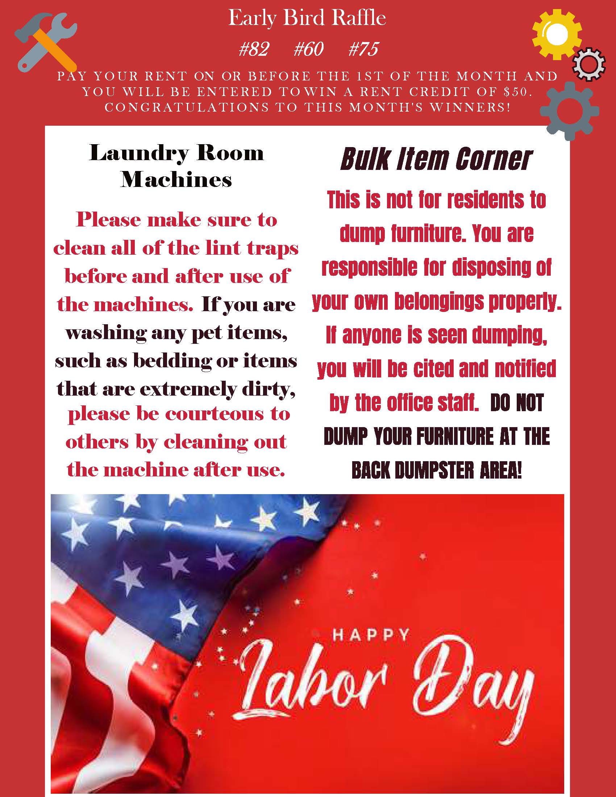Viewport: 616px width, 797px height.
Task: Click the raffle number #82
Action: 254,49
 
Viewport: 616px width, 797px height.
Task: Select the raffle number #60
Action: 308,49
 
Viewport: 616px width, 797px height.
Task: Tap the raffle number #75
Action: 363,49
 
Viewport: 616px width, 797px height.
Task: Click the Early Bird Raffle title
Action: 307,18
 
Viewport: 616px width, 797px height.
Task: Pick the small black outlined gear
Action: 588,64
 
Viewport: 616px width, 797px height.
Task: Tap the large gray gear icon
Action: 569,111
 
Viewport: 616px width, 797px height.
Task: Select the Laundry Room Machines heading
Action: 176,166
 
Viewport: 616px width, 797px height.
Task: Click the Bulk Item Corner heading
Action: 436,159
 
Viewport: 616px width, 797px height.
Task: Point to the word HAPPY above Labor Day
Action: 370,635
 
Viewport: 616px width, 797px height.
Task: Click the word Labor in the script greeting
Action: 314,683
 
